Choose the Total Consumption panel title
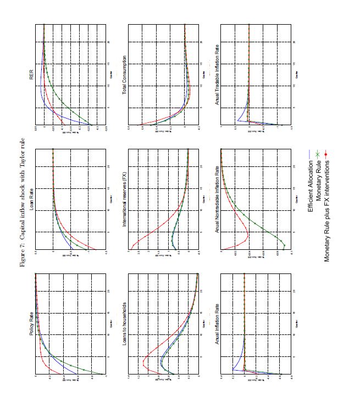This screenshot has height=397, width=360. tap(124, 75)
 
